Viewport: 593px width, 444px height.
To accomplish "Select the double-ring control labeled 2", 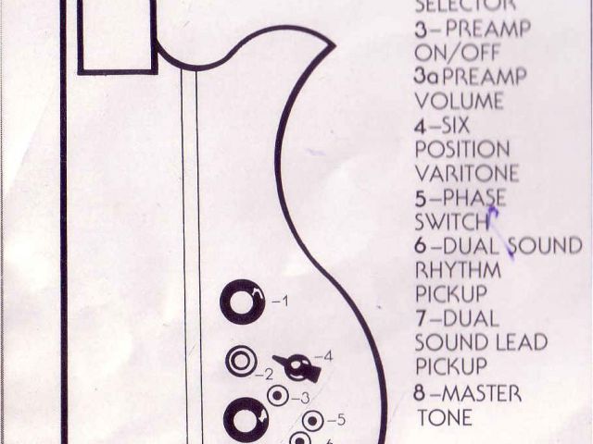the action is [x=241, y=361].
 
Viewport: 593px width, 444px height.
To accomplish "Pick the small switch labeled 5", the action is [x=312, y=421].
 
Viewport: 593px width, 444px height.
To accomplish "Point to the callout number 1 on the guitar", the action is [x=284, y=302].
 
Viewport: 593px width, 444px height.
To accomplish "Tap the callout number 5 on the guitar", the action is [x=338, y=420].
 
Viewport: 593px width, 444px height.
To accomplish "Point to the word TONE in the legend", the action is [x=445, y=417].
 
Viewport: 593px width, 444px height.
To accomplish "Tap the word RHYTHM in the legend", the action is [x=458, y=271].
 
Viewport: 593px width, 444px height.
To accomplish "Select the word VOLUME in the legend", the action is [x=460, y=100].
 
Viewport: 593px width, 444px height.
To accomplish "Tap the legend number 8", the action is [x=420, y=393].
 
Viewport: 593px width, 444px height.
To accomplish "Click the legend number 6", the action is [x=420, y=246].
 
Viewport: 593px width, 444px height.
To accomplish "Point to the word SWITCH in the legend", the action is [x=451, y=222].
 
